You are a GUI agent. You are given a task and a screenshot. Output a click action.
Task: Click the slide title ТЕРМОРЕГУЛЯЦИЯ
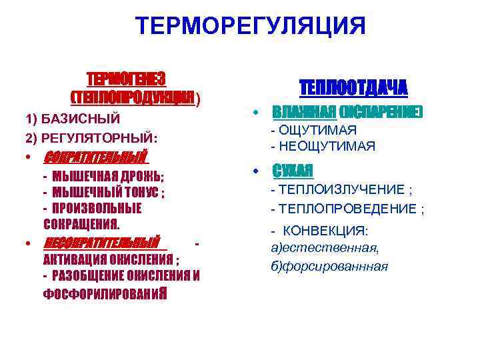(x=250, y=27)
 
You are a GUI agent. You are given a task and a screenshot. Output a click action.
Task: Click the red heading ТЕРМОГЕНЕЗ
(x=127, y=79)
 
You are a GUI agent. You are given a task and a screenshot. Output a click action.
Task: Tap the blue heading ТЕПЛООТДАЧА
(x=353, y=89)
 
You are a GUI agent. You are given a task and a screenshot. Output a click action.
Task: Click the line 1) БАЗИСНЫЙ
(x=73, y=119)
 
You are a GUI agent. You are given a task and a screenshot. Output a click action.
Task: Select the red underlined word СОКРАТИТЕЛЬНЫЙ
(x=94, y=159)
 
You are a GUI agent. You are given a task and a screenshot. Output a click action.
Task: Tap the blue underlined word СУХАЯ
(x=292, y=171)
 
